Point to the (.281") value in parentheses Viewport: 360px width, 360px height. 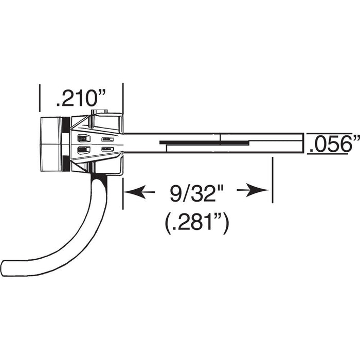(197, 223)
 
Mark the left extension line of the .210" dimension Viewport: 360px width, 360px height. (40, 98)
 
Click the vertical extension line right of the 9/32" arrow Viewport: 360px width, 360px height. (272, 180)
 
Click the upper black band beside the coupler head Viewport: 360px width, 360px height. (65, 124)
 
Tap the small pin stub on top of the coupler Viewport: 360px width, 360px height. (98, 112)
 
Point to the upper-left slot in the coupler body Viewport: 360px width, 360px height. (82, 138)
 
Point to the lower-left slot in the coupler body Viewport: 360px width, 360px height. (82, 150)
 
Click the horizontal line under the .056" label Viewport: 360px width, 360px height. (332, 153)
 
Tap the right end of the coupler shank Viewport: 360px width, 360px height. (301, 143)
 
